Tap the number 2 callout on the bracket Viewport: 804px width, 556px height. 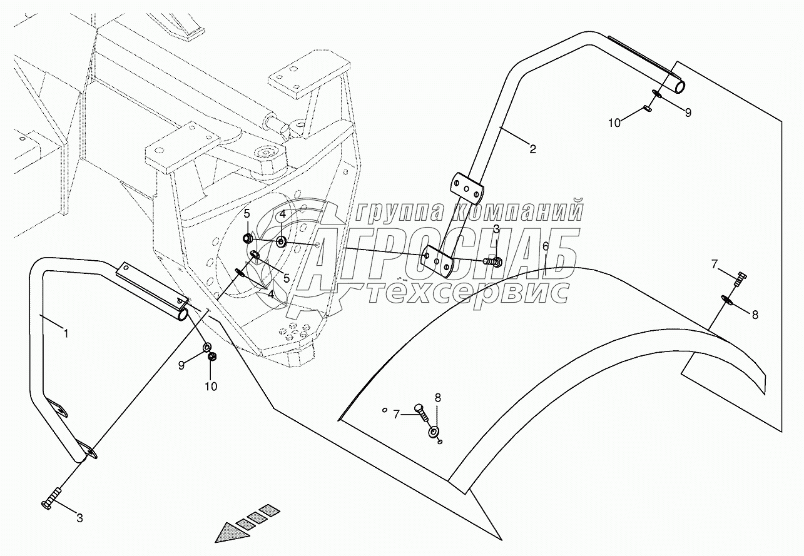tap(532, 149)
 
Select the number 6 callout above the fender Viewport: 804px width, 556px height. tap(546, 246)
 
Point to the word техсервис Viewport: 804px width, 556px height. tap(468, 291)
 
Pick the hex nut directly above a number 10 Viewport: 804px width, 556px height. tap(211, 357)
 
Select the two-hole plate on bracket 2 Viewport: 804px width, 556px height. tap(467, 188)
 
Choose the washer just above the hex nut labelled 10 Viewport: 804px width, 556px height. tap(207, 346)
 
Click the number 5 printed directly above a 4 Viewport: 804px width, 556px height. tap(247, 214)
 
